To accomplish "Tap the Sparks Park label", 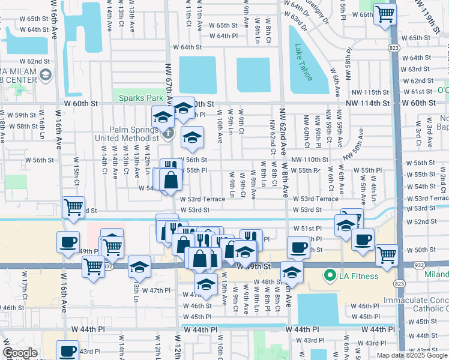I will point(141,98).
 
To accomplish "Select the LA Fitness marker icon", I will point(329,276).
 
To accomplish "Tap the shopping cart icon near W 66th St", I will point(384,13).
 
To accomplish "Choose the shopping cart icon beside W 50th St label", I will point(387,254).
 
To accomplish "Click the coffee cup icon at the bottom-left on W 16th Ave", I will point(67,350).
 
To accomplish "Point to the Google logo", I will point(19,353).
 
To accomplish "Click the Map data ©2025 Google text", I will point(412,355).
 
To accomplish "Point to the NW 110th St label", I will point(310,160).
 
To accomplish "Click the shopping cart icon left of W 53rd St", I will point(73,207).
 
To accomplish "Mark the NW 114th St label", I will point(370,103).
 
